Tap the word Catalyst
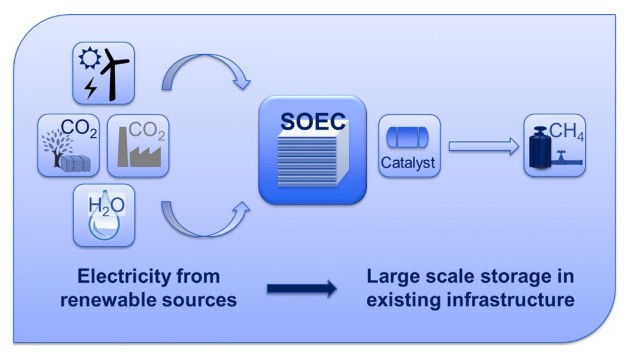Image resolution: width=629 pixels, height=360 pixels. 409,162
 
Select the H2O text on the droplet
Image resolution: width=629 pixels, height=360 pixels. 106,205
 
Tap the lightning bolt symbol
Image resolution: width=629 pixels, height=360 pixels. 91,88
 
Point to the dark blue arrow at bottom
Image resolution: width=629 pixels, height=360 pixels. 301,289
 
